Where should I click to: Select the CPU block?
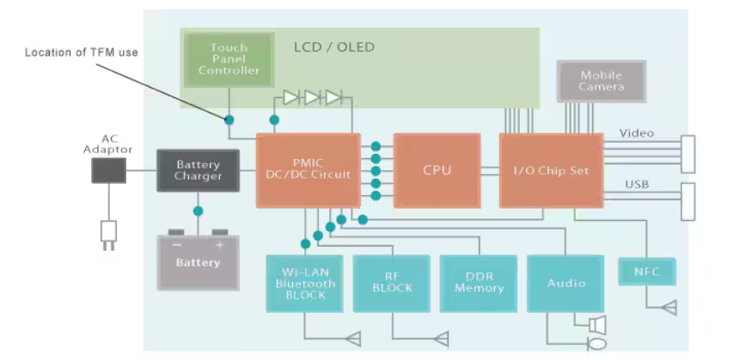tap(437, 170)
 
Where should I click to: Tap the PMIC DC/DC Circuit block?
tap(308, 169)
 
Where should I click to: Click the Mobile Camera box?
tap(601, 82)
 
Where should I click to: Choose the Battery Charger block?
tap(198, 170)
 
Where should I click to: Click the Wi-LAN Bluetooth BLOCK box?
tap(305, 283)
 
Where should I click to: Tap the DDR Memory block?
tap(479, 283)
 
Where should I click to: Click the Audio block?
tap(566, 283)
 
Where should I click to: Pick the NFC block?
tap(646, 272)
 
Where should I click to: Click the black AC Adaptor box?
tap(107, 170)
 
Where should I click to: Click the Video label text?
tap(636, 133)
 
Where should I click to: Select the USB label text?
tap(636, 184)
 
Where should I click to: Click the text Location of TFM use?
tap(82, 52)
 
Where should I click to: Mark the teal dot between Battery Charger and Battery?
tap(198, 211)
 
